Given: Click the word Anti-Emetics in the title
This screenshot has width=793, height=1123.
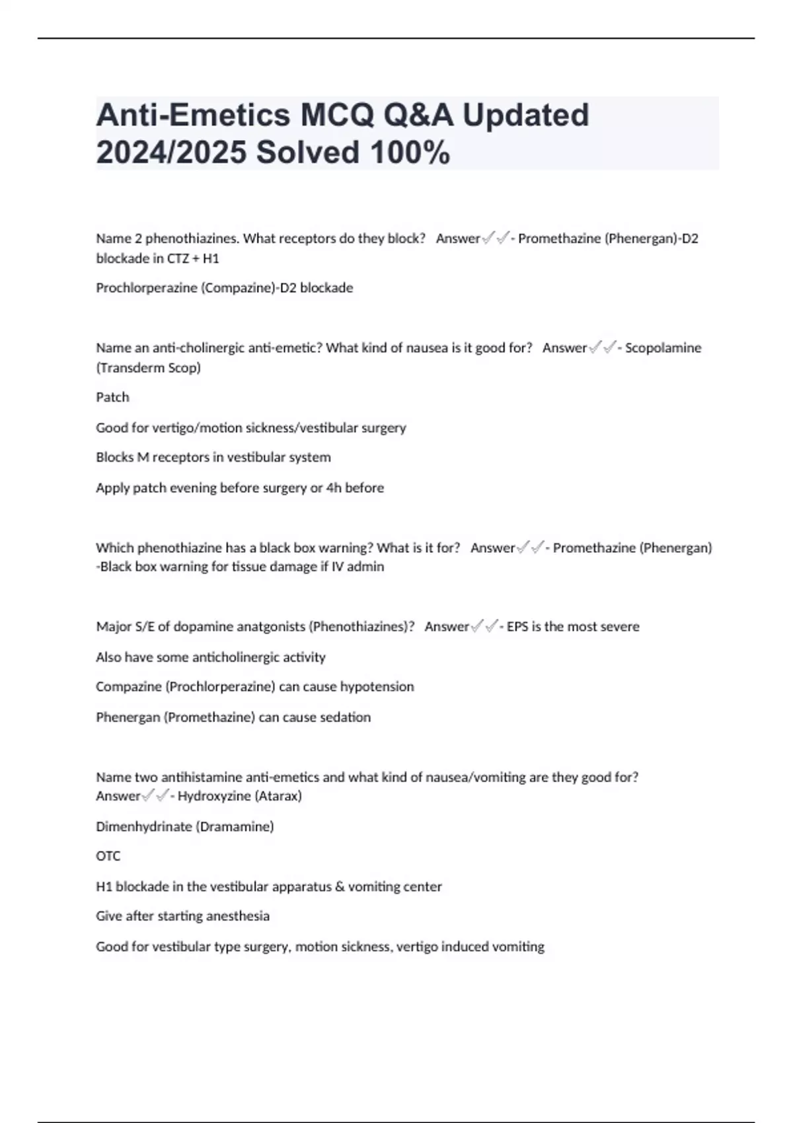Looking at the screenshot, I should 193,115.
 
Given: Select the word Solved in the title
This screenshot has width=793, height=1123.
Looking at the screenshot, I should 308,153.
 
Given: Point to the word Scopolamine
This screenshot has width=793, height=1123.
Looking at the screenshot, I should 663,348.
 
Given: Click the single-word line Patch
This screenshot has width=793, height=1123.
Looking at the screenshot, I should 112,398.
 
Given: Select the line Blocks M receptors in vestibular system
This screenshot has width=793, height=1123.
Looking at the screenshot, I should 213,457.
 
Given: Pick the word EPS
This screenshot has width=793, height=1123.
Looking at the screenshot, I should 517,627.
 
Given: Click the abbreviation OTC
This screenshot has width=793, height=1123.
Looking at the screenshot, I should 108,856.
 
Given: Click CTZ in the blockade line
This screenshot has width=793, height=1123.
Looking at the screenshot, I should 178,259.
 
